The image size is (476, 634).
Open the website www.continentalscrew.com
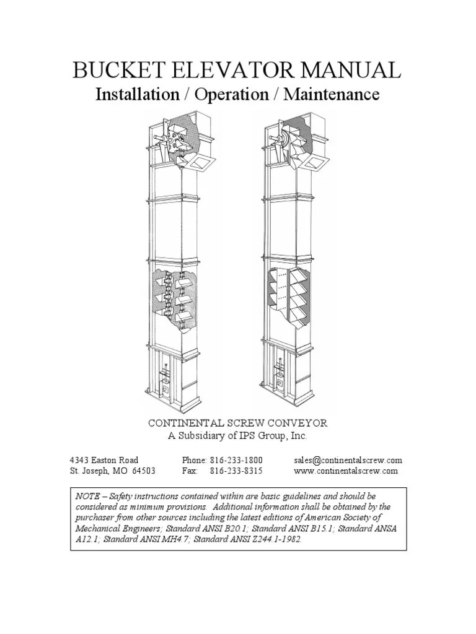(346, 471)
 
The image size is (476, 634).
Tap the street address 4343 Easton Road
(104, 460)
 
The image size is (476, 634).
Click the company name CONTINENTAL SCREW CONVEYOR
(237, 423)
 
